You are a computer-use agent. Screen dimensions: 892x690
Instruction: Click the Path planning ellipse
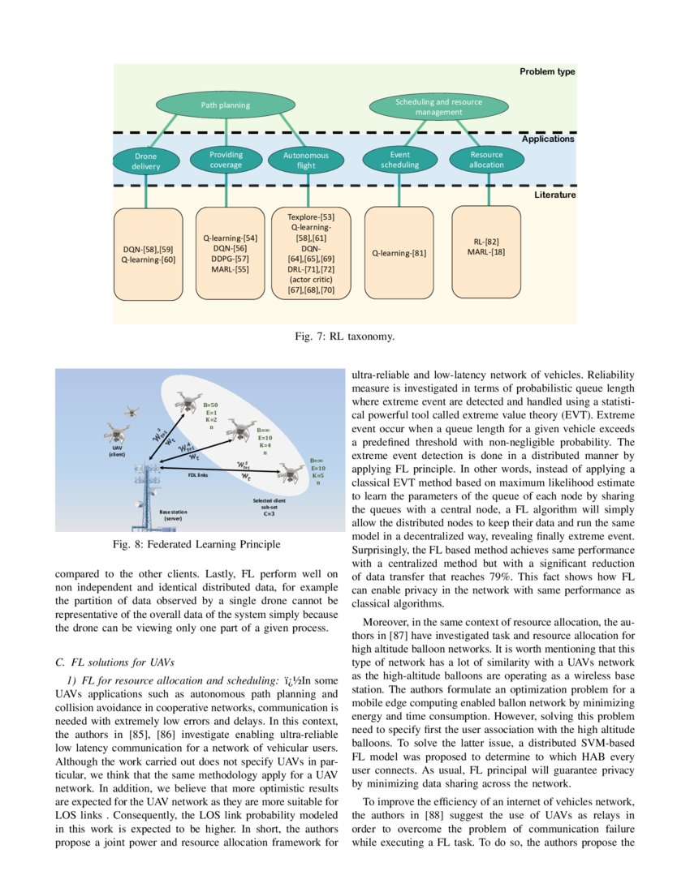click(225, 105)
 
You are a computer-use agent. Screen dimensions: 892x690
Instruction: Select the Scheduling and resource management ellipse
click(438, 107)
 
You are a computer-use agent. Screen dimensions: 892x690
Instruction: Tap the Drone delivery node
click(146, 161)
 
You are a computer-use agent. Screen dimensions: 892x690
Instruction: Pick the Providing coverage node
click(226, 160)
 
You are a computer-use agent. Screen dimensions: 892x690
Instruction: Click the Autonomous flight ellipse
click(306, 161)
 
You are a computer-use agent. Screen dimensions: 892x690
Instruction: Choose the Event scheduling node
click(399, 160)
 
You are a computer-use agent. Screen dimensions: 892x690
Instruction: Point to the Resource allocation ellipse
click(486, 160)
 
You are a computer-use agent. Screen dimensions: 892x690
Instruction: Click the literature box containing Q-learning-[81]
click(399, 252)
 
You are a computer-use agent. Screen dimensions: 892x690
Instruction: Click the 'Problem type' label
click(546, 71)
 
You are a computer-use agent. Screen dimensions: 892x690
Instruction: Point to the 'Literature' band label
click(554, 195)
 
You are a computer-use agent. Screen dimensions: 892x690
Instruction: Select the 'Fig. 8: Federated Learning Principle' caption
click(200, 544)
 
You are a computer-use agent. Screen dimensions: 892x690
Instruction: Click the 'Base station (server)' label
click(173, 516)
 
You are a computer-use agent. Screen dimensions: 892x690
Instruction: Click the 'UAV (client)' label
click(113, 451)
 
